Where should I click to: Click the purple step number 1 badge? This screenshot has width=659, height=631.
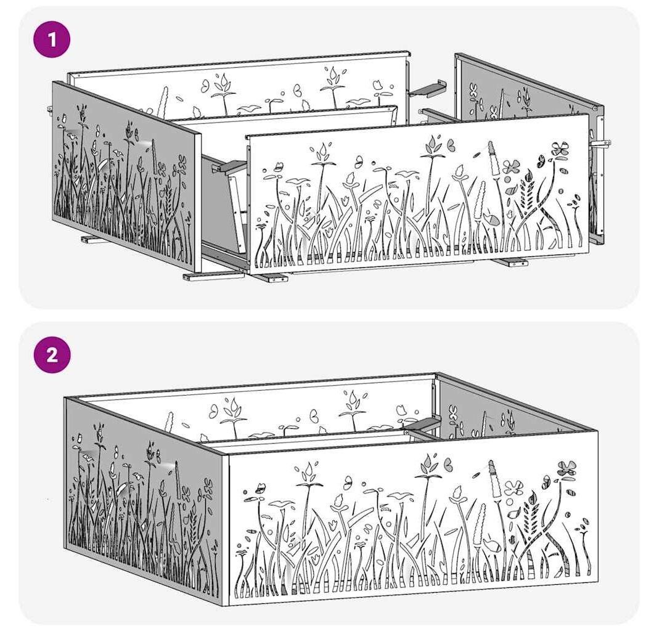tap(52, 40)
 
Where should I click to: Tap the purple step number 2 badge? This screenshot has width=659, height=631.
tap(52, 355)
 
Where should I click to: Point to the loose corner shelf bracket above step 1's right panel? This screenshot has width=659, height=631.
tap(427, 88)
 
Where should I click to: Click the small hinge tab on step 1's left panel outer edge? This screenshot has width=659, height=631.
tap(49, 109)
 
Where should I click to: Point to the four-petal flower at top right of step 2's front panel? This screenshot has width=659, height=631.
tap(567, 468)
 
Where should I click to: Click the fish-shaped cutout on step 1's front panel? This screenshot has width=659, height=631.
tap(490, 219)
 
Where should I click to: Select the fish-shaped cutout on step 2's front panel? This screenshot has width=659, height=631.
tap(491, 545)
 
